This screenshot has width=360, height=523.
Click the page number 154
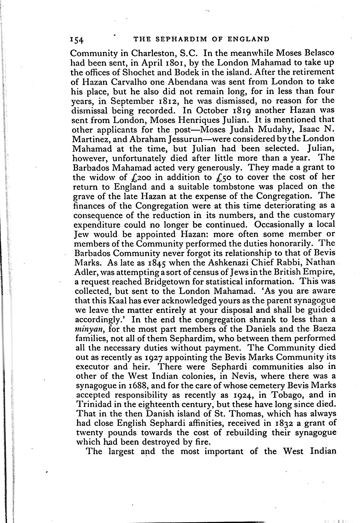point(76,40)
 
